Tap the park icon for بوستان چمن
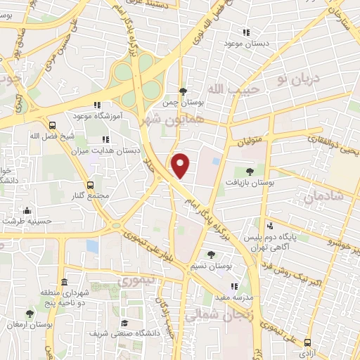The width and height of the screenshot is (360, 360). [183, 91]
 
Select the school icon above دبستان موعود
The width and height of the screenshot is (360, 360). [246, 32]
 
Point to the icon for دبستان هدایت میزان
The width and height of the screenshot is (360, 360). [105, 139]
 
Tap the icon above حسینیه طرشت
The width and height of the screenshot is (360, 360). [27, 210]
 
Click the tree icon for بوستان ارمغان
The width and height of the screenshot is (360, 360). [30, 314]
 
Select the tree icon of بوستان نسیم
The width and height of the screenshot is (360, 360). [211, 255]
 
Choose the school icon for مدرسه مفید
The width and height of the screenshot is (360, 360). [234, 286]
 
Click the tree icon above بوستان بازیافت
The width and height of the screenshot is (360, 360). [250, 171]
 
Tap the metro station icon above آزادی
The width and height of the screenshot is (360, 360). [307, 342]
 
